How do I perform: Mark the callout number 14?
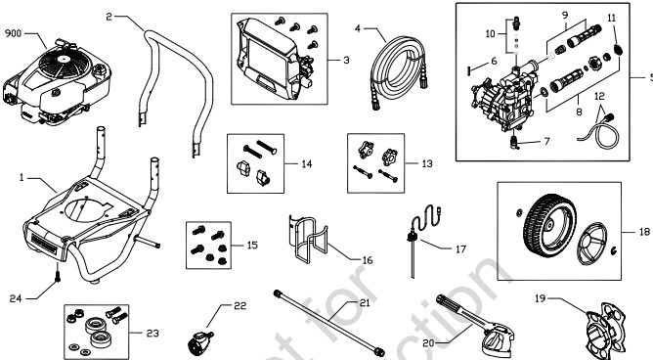pyautogui.click(x=307, y=164)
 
